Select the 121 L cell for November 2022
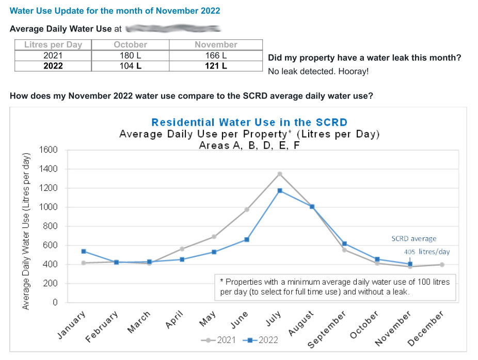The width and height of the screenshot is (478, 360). tap(216, 66)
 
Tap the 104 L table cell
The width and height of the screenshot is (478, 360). tap(130, 66)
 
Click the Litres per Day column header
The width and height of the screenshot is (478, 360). tap(53, 45)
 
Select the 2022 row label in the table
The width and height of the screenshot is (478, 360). tap(53, 66)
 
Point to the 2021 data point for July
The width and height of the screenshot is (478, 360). tap(280, 174)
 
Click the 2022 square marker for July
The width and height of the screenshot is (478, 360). tap(280, 191)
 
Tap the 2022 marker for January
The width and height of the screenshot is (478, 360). tap(84, 251)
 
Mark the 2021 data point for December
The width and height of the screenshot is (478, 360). tap(442, 265)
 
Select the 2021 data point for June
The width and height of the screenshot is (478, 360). tap(247, 209)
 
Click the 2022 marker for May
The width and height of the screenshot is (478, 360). tap(214, 252)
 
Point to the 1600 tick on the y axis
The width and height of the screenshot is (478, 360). tap(48, 150)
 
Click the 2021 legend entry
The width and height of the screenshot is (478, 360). tap(221, 340)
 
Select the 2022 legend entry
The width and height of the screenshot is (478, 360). tap(263, 340)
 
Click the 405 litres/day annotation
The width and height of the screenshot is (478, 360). tap(427, 252)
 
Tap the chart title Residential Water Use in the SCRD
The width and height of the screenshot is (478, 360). tap(249, 122)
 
